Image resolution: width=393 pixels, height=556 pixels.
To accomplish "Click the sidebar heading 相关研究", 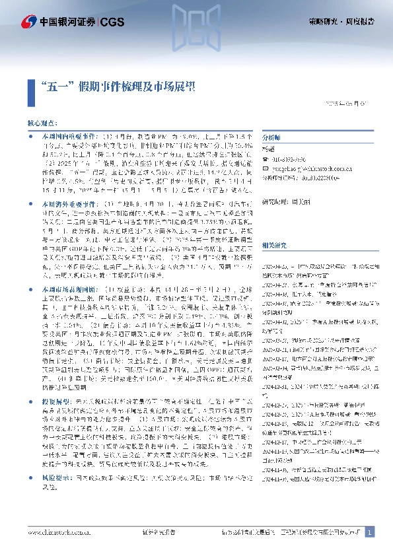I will click(x=274, y=226).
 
